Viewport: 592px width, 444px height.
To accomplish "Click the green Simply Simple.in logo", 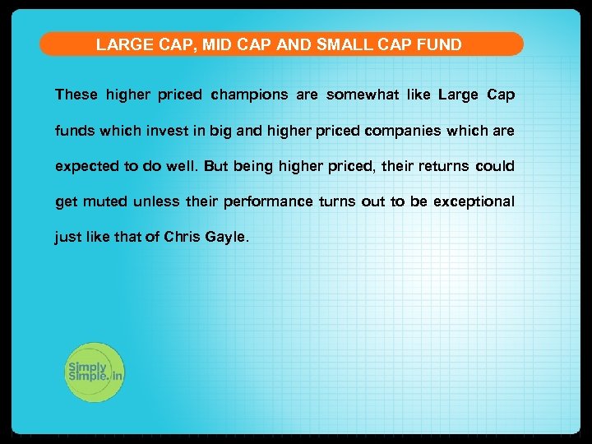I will coord(94,372).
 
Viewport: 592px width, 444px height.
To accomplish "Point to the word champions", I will coord(249,95).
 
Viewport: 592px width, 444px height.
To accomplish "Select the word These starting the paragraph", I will coord(76,95).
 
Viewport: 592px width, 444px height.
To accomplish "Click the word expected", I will coord(86,166).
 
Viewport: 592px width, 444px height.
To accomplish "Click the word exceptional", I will coord(474,201).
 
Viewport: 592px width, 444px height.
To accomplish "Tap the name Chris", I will coord(181,238).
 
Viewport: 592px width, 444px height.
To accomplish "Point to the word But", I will coord(215,166).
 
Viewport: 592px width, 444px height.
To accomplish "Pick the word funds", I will coord(75,131).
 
